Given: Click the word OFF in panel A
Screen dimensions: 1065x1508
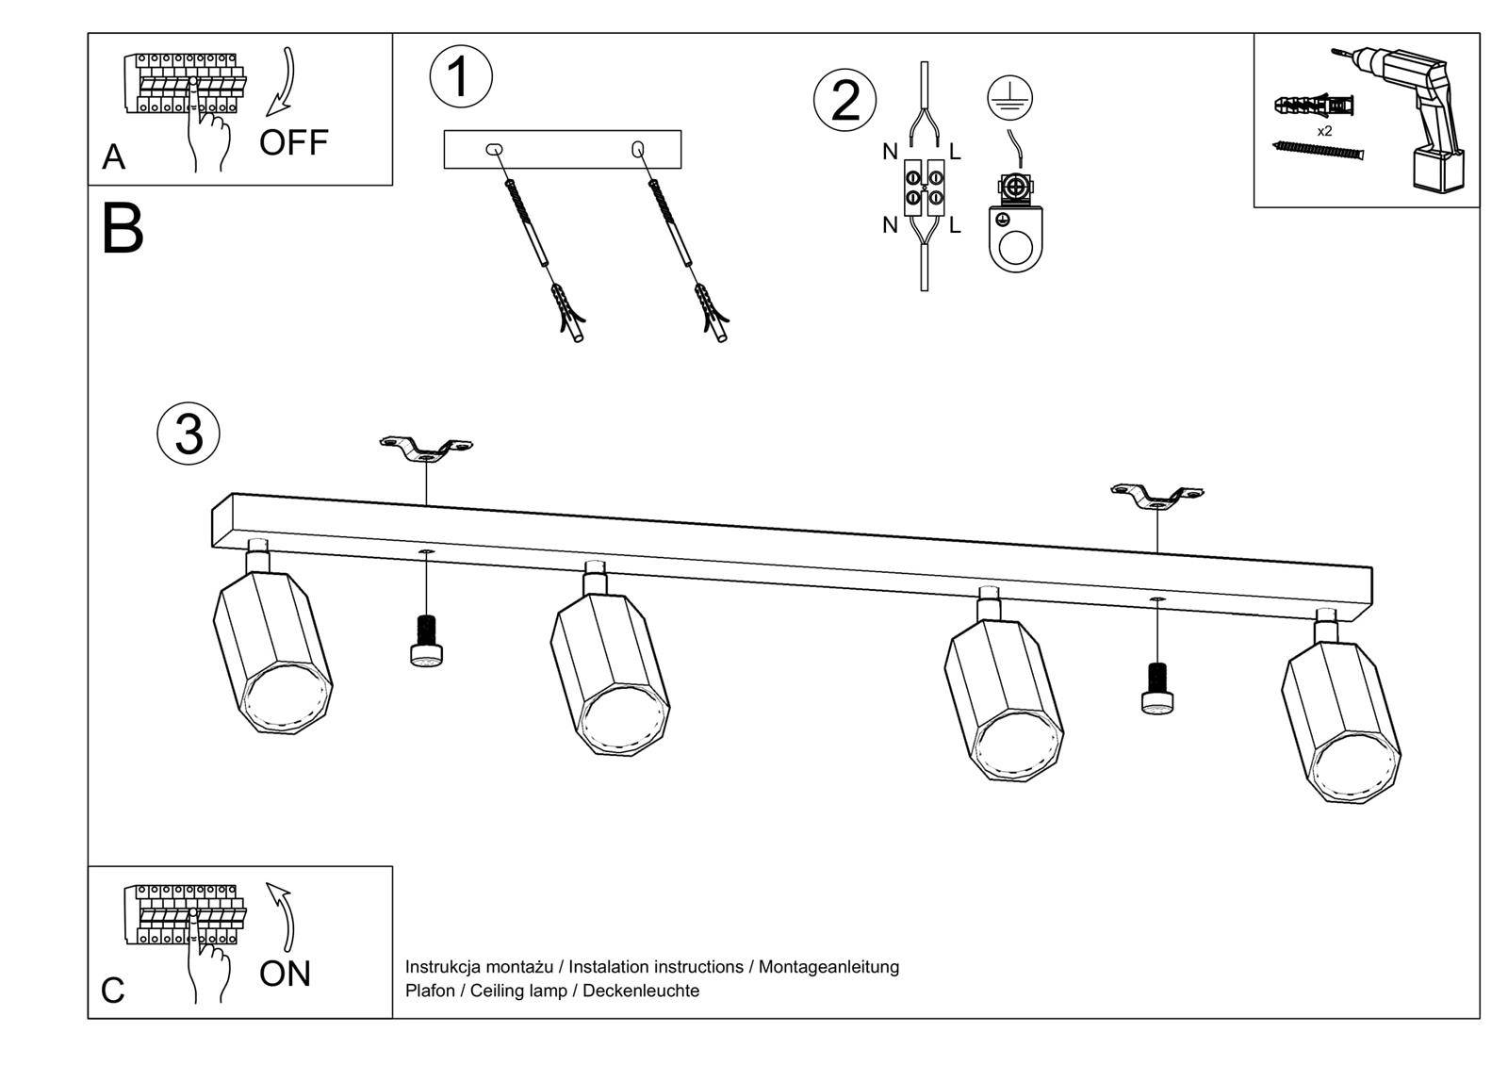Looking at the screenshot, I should point(293,142).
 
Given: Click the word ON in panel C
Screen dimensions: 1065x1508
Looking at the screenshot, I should point(285,974).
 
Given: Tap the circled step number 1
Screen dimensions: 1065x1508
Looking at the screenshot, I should point(460,77).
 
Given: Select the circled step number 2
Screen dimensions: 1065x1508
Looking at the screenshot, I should point(844,100).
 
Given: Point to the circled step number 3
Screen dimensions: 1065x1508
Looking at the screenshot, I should point(188,434).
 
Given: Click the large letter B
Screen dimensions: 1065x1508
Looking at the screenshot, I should point(123,229).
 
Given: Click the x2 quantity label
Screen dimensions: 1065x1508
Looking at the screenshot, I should point(1324,131).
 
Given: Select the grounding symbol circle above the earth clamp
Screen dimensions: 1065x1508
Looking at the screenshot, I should point(1009,98).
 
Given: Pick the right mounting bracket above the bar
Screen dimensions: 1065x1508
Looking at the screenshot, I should point(1157,497).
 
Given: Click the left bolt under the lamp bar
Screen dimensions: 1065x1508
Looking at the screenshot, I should point(427,640).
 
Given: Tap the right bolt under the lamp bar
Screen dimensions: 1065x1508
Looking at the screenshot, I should point(1157,689).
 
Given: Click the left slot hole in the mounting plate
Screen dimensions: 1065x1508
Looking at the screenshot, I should point(494,149).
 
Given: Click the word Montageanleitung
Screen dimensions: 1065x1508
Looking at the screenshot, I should point(828,967).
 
